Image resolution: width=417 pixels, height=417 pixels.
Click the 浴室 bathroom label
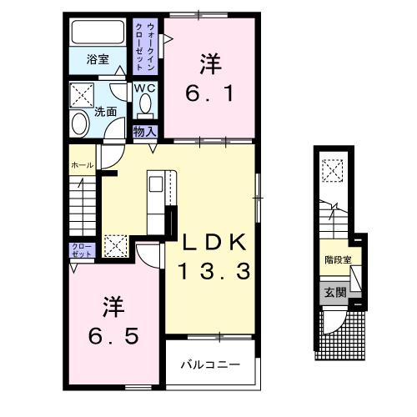click(x=98, y=59)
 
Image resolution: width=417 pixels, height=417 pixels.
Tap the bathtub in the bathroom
click(x=98, y=34)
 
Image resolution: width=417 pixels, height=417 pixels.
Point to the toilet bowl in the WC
click(x=145, y=106)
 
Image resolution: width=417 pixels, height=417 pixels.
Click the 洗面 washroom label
click(x=104, y=111)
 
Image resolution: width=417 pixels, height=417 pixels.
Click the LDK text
click(x=215, y=243)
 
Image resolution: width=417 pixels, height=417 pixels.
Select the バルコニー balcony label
click(x=211, y=365)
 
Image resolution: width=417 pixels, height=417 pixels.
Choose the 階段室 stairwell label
click(x=338, y=259)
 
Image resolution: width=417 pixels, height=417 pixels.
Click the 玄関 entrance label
click(x=334, y=291)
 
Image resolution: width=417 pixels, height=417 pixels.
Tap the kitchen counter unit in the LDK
click(x=158, y=202)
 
